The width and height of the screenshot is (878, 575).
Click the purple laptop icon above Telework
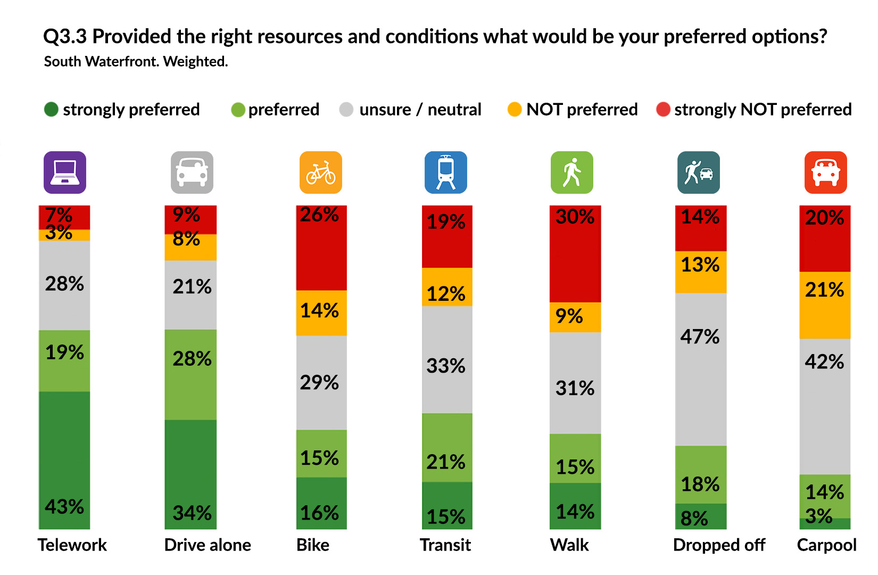coord(64,172)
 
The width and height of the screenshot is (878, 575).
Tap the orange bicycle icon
coord(320,172)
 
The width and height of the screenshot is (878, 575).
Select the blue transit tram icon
coord(445,172)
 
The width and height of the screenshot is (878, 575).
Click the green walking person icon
coord(571,172)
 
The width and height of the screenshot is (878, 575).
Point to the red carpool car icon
coord(825,172)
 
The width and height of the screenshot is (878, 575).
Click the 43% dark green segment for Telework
coord(64,461)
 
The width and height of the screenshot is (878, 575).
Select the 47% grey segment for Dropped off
coord(700,369)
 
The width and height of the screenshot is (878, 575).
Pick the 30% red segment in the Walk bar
coord(575,254)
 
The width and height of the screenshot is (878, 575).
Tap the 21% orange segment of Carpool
coord(824,305)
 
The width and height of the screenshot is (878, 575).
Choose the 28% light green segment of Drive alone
coord(190,374)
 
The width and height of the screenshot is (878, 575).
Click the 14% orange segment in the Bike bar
coord(321,313)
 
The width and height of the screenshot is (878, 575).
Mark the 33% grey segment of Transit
coord(446,359)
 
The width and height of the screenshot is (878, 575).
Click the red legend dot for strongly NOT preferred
coord(663,110)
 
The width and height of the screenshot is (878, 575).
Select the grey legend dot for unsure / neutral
coord(346,110)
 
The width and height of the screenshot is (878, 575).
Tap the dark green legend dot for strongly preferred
coord(51,110)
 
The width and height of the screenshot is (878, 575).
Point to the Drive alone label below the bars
coord(208,545)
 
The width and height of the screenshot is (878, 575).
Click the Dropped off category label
coord(719,545)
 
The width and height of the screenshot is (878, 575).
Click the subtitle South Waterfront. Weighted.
coord(136,62)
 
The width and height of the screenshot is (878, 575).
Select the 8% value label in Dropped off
coord(694,518)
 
